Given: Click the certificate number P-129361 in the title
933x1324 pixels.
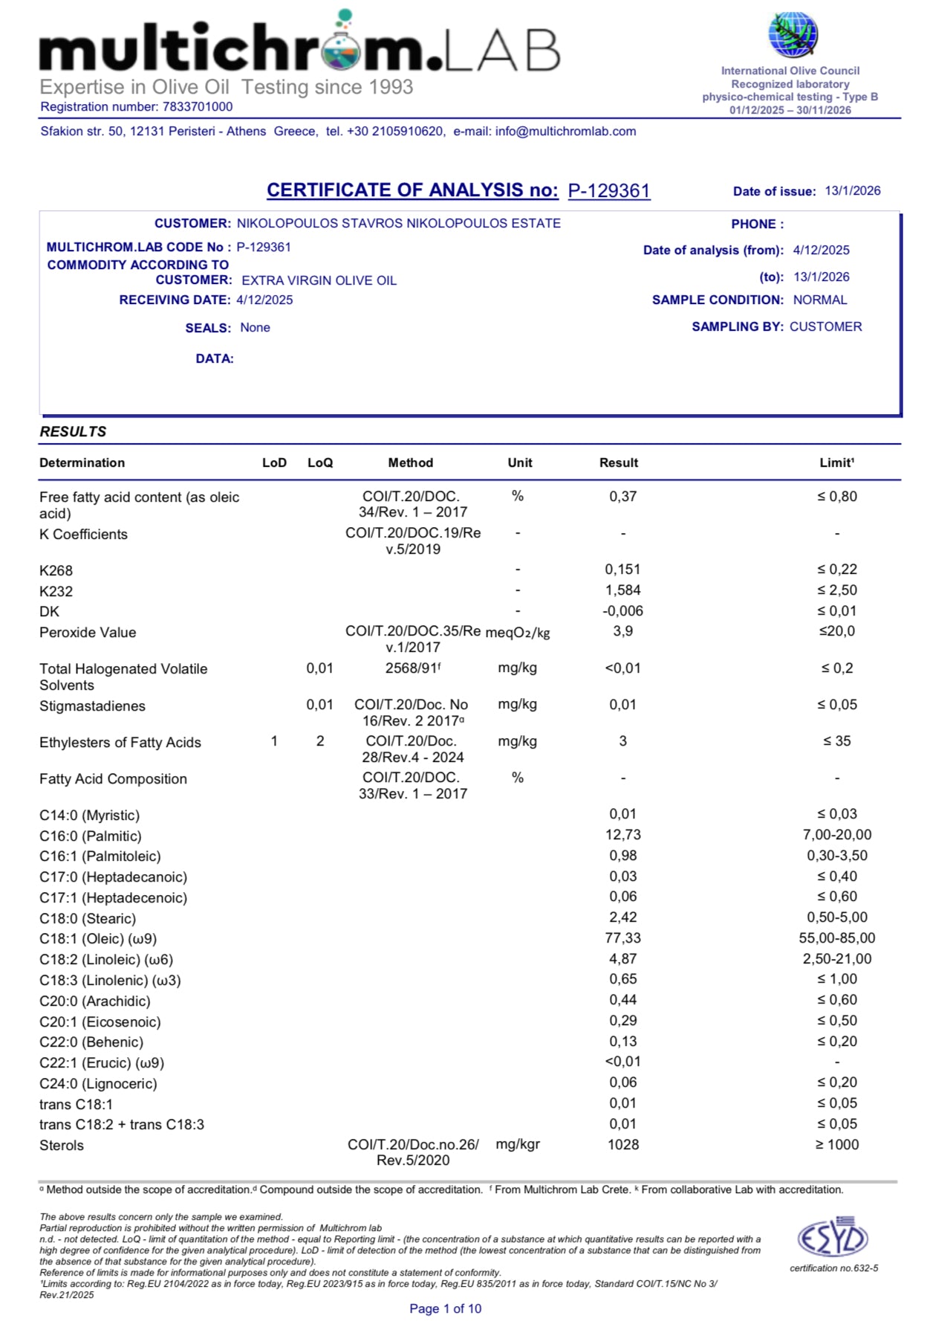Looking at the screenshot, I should coord(609,191).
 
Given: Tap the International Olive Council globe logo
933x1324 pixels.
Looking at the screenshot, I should coord(793,35).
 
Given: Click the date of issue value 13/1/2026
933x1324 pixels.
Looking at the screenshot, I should coord(852,191).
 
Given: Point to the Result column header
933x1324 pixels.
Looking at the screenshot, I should coord(619,462).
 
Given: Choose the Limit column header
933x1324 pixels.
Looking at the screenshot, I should coord(836,462).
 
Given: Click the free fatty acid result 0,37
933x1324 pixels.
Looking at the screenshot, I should coord(622,497).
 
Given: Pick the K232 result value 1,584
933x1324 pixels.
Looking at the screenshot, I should coord(622,590).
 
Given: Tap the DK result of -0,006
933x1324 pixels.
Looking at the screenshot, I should coord(622,611).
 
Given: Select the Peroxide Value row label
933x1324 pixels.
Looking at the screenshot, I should coord(88,633).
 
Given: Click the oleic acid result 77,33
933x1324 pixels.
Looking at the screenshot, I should coord(622,938).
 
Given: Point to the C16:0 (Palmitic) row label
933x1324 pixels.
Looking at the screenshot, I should coord(91,836).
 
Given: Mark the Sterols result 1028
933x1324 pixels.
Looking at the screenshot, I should coord(622,1145).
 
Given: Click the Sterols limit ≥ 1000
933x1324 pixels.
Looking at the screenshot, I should coord(837,1145).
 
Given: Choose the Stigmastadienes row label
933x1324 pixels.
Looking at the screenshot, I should coord(92,706).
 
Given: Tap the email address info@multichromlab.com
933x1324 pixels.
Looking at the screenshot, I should coord(565,132).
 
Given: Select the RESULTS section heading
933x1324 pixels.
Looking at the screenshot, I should coord(73,432).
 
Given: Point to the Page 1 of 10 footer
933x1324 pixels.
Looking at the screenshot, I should coord(445,1308).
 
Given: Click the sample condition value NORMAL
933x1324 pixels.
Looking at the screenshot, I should coord(820,300).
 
